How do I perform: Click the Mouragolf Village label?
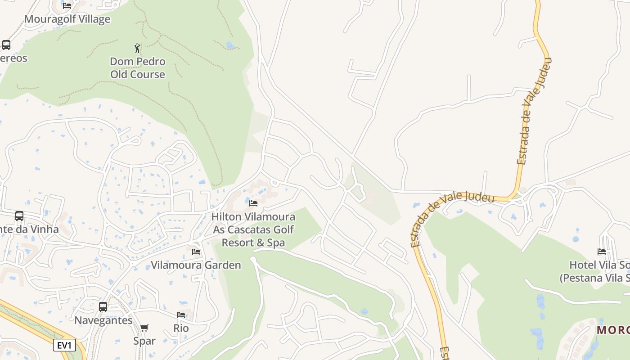(67, 19)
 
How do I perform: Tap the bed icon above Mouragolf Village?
(67, 6)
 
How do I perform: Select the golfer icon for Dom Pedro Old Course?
(138, 48)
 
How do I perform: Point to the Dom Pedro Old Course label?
(138, 67)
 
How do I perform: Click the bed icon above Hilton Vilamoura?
(253, 203)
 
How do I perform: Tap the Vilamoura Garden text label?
(196, 265)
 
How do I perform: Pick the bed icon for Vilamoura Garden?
(196, 252)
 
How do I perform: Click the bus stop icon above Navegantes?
(103, 307)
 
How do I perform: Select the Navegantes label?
(103, 320)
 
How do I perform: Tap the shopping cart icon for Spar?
(144, 328)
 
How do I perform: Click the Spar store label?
(144, 341)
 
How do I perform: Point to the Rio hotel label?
(181, 328)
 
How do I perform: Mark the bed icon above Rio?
(181, 315)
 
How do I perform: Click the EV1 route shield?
(64, 345)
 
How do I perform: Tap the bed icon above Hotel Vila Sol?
(602, 252)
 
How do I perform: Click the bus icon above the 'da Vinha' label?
(19, 216)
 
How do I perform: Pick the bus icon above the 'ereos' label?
(6, 45)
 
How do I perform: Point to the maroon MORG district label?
(613, 330)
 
